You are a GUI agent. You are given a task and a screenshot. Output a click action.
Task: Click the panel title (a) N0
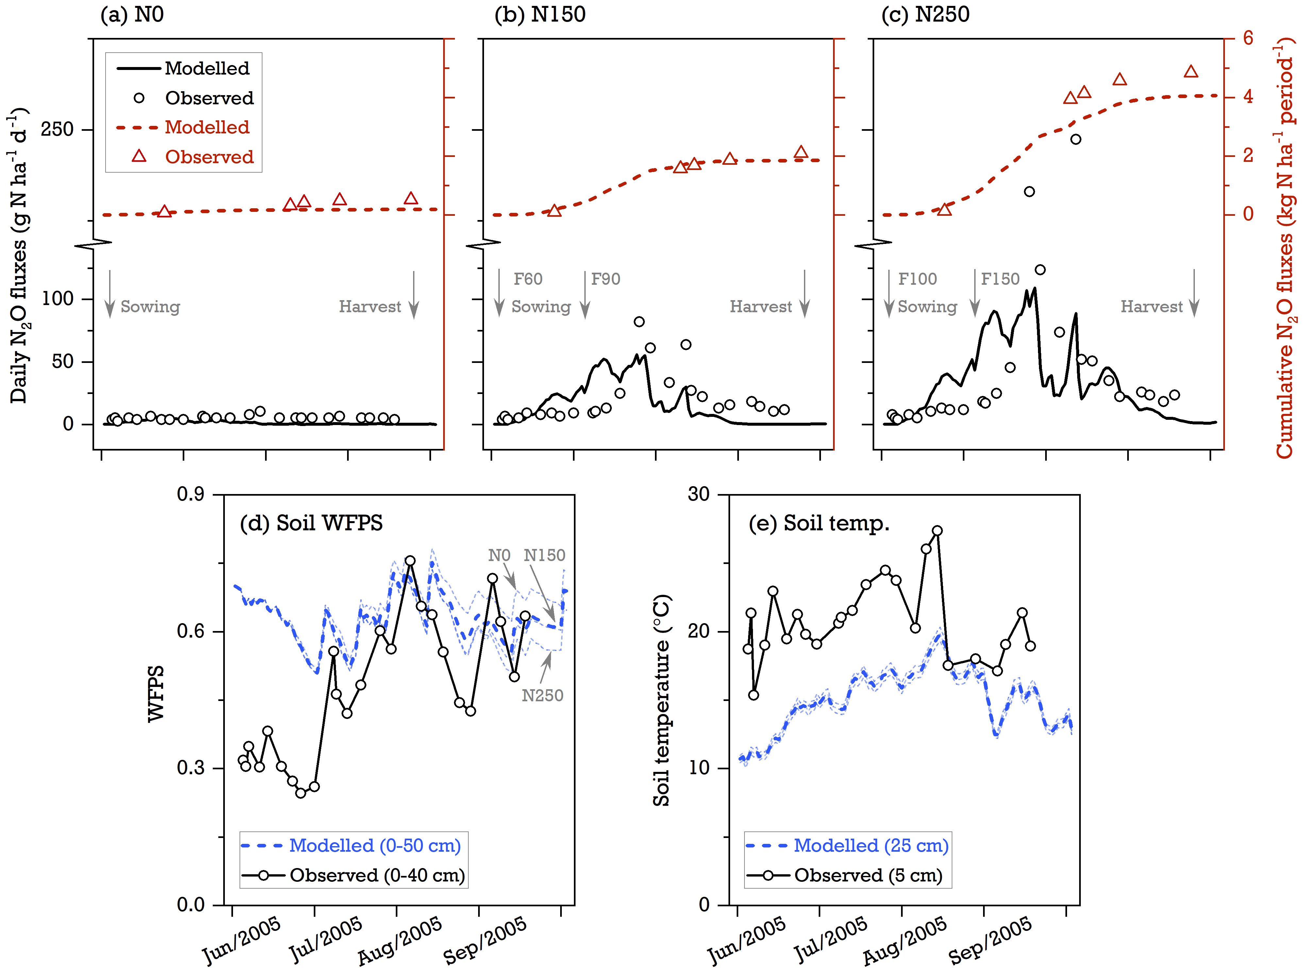132,14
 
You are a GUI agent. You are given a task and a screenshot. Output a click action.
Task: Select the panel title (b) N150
540,14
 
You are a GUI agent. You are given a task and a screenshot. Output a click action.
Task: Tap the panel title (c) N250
926,14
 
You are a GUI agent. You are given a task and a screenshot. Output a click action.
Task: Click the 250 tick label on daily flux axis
57,129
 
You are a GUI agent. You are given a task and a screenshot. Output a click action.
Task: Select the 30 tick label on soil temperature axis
699,494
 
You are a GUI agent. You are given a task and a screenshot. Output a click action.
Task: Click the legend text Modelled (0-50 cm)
375,846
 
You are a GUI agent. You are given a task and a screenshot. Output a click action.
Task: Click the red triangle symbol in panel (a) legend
139,156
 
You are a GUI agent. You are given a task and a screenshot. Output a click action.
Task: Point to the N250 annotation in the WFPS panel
542,696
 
